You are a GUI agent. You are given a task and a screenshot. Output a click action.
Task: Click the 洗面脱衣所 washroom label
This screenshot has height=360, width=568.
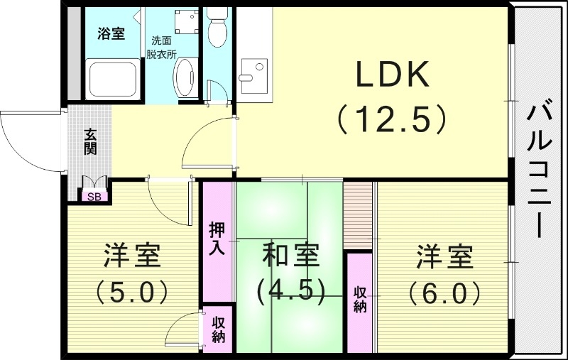click(x=161, y=46)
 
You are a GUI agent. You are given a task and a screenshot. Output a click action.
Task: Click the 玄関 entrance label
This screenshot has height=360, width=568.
click(x=91, y=142)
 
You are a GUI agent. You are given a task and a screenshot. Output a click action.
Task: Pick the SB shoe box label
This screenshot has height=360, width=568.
click(x=94, y=197)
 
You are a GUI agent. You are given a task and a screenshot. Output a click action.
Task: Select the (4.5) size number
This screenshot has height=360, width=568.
click(x=290, y=290)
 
